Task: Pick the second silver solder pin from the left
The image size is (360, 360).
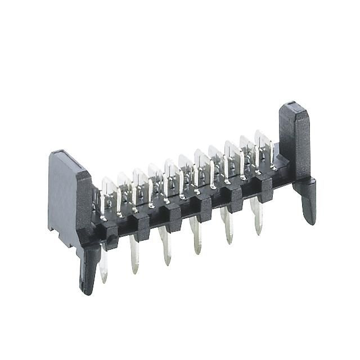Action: pos(134,256)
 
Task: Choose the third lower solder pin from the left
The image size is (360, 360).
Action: pos(165,247)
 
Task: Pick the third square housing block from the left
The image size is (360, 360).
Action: pos(172,211)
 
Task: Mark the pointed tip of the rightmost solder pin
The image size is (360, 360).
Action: pos(259,232)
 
